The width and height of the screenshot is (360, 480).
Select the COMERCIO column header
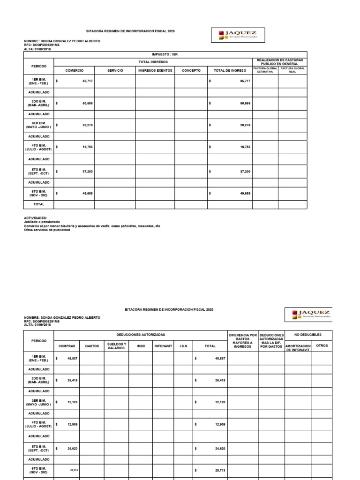point(75,70)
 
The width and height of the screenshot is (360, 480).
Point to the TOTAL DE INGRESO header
point(230,70)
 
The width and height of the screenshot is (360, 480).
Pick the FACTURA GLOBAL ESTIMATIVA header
point(265,70)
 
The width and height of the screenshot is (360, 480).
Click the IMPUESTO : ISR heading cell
point(165,54)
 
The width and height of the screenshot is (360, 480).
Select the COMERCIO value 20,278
point(87,125)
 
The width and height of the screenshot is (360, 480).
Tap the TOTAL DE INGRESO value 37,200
point(245,172)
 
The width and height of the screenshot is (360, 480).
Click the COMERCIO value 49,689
point(87,193)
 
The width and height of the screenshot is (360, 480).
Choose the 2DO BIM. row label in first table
point(38,103)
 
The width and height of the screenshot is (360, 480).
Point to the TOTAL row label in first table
point(38,204)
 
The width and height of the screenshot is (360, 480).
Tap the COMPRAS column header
point(67,346)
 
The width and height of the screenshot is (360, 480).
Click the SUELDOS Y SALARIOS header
point(116,346)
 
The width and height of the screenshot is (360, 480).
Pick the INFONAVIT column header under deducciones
point(163,346)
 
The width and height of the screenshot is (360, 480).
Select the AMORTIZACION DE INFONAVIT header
point(298,348)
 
